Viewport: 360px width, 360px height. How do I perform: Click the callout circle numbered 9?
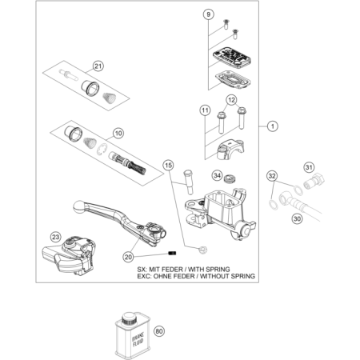(209, 14)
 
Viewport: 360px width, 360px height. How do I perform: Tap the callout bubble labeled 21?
(98, 66)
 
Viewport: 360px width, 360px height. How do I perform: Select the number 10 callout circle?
(118, 133)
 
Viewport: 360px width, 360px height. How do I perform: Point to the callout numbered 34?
(218, 175)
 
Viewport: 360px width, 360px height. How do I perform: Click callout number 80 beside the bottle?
(159, 331)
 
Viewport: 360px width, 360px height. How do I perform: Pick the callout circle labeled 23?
(55, 237)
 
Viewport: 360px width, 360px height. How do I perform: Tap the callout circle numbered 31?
(309, 167)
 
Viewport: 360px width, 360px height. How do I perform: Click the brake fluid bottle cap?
(130, 319)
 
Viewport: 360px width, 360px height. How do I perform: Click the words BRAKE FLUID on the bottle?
(138, 339)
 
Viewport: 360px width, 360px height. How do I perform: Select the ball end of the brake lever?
(78, 206)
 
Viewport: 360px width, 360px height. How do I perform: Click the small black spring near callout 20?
(172, 253)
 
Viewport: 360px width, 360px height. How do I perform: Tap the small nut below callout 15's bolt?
(203, 250)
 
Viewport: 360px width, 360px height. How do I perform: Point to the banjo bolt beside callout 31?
(314, 182)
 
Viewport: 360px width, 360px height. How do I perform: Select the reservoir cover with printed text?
(232, 58)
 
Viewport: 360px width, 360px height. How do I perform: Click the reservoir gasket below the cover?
(233, 79)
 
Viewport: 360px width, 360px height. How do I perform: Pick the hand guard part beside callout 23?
(69, 255)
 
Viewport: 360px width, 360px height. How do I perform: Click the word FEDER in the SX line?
(174, 270)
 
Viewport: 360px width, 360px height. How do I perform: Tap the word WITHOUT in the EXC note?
(214, 276)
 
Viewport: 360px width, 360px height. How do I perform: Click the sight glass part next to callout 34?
(229, 178)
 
